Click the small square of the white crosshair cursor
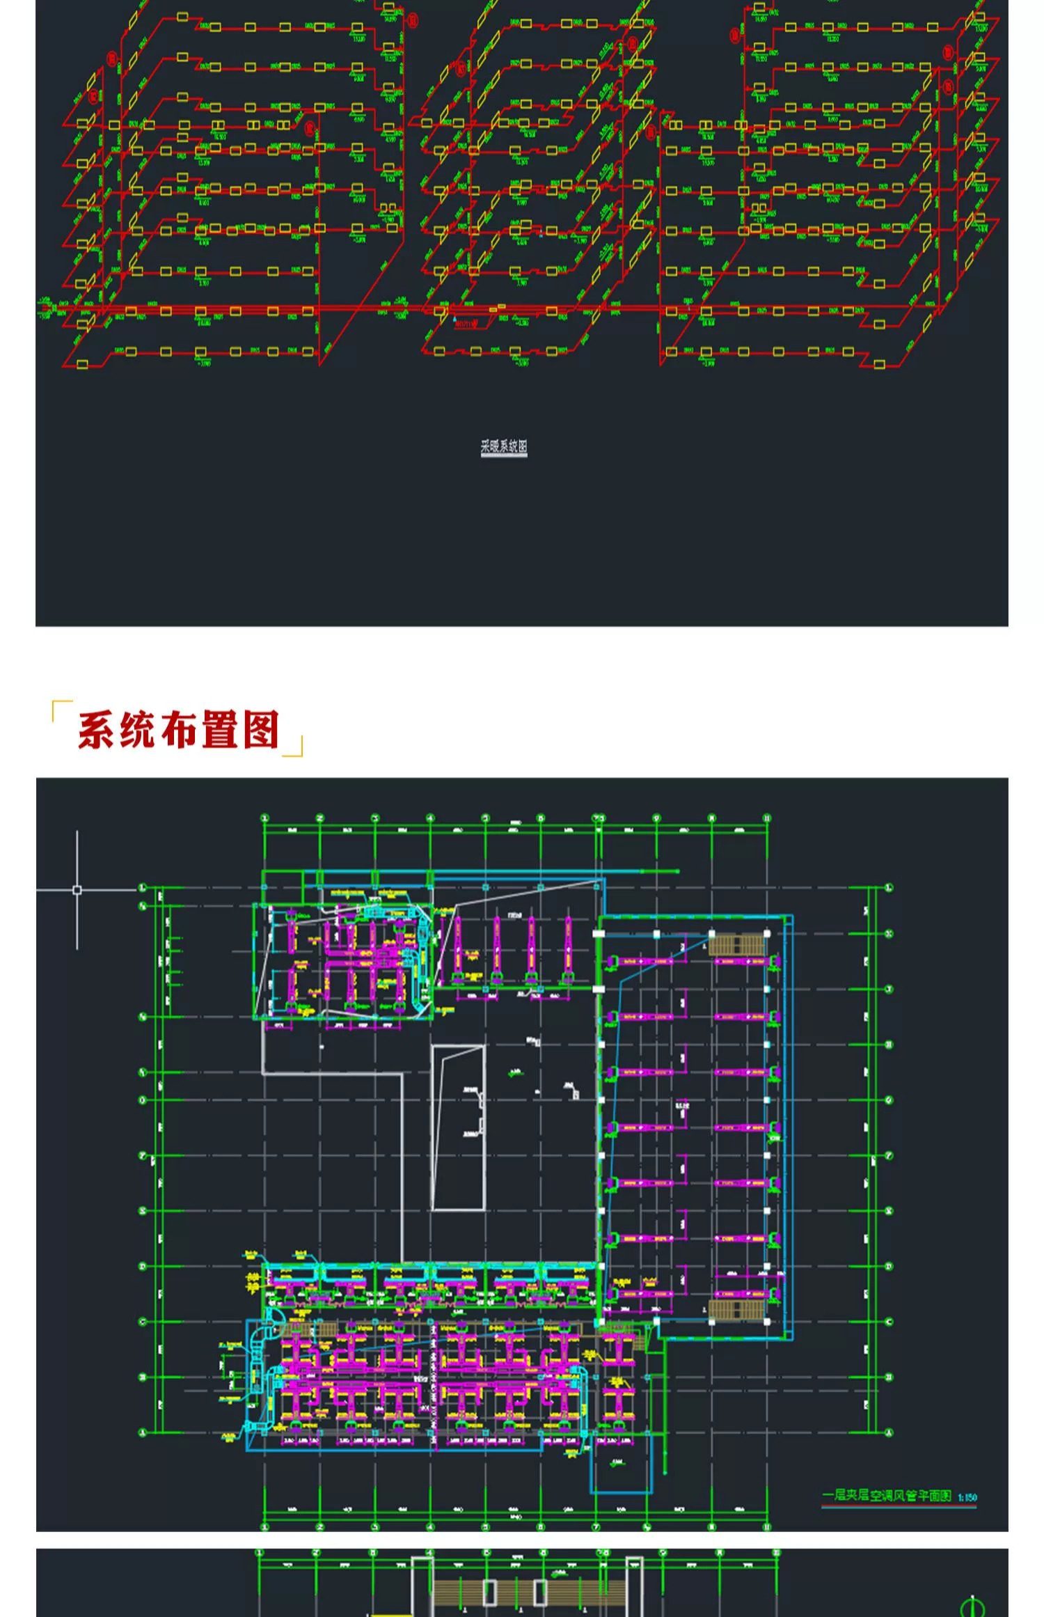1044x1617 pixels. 77,890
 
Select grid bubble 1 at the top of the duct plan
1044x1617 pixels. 264,818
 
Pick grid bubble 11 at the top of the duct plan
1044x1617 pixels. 767,818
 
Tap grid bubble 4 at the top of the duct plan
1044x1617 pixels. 430,818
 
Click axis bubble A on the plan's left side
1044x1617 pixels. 143,1432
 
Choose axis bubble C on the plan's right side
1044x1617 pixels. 889,1321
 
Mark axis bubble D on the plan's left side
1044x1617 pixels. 143,1266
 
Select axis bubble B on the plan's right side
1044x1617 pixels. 889,1377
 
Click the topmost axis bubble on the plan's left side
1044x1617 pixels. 143,888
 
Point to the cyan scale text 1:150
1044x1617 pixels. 967,1497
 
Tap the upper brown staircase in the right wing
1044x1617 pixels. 738,945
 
